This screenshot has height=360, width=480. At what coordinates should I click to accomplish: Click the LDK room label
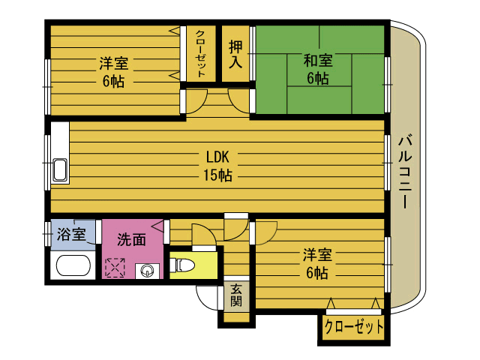pos(217,157)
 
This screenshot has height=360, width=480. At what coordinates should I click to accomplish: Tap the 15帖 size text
pos(217,175)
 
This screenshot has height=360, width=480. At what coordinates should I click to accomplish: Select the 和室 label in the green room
pos(318,60)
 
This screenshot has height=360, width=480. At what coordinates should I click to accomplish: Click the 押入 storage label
pos(235,54)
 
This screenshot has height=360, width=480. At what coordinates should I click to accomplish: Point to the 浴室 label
pos(71,234)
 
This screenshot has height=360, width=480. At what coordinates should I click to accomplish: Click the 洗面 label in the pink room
pos(132,240)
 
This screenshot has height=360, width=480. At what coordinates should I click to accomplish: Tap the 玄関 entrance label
pos(236,295)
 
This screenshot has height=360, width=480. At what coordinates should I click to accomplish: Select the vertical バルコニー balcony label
pos(405,172)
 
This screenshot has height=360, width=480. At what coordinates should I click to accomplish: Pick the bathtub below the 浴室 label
pos(73,265)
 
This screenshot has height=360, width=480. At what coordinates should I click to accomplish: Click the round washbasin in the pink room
pos(148,270)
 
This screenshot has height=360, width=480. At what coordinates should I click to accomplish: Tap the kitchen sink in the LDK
pos(60,170)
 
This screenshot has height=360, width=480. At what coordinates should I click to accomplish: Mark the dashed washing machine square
pos(115,268)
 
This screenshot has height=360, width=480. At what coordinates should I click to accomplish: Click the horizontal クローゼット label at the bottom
pos(353,327)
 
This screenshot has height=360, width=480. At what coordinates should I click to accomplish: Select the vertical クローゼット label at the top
pos(200,53)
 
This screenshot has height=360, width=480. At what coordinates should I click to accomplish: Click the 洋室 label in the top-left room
pos(113,63)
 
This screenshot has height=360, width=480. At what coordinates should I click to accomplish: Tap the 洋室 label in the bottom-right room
pos(317,255)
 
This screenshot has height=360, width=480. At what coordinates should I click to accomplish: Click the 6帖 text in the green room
pos(318,78)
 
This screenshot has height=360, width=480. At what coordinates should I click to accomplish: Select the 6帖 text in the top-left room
pos(113,81)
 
